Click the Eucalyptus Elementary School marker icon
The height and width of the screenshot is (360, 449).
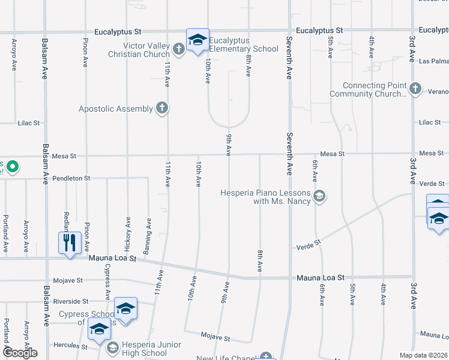[197, 40]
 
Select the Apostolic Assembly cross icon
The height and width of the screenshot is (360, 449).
[161, 108]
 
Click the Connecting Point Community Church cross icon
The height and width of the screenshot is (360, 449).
[414, 89]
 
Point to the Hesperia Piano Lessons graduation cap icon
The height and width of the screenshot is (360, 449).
[319, 196]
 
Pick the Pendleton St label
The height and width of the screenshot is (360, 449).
[71, 178]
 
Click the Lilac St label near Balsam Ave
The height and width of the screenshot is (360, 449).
[28, 122]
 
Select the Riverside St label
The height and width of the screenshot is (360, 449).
[70, 301]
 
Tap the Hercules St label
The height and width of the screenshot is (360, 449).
[70, 346]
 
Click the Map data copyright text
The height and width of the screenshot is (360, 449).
[424, 355]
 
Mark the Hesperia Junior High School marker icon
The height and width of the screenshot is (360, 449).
[112, 347]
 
